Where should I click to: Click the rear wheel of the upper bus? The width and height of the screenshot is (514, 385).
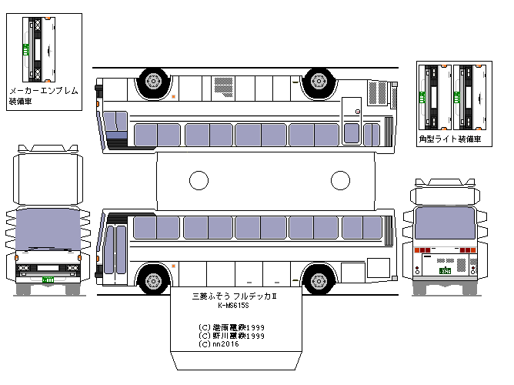click(318, 80)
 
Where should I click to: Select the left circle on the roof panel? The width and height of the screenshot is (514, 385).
click(199, 181)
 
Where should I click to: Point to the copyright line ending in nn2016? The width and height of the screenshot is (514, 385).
click(221, 344)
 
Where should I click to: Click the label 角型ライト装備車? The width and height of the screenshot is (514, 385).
click(450, 139)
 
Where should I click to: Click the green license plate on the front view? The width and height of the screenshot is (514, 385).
click(48, 280)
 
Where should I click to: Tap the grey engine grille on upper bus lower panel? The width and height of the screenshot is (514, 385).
click(379, 94)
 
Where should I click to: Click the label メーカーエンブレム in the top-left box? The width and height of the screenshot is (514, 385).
click(43, 91)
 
